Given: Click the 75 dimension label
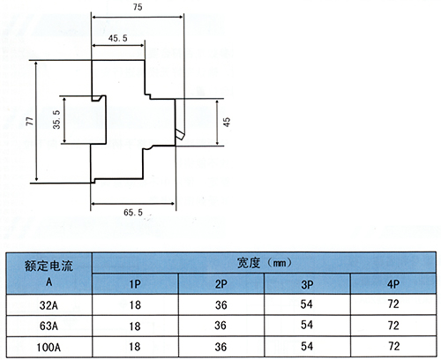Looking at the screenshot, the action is (138, 7).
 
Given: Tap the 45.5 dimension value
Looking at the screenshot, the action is (117, 38).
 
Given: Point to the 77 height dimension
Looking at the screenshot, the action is (30, 121).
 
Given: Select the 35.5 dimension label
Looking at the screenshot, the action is (56, 119).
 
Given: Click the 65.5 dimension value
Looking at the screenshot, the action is (133, 212).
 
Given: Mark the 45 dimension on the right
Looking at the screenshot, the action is (227, 122).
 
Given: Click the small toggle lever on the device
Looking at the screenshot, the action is (179, 135).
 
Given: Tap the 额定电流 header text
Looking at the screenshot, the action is (49, 266).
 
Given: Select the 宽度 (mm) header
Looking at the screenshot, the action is (265, 263).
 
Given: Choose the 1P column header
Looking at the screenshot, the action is (135, 284).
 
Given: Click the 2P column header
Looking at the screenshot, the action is (220, 284).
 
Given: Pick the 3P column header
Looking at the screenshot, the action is (307, 284).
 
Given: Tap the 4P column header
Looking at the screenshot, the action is (393, 284).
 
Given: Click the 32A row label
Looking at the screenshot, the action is (49, 305).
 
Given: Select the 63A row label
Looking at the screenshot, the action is (49, 326).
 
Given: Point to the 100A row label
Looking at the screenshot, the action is (49, 348).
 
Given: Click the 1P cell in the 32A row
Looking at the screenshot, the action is (135, 305).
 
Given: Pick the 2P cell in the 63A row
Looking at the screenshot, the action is (220, 326).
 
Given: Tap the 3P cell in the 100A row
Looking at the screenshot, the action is (307, 346).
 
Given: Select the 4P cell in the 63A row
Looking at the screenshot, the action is (393, 326).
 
